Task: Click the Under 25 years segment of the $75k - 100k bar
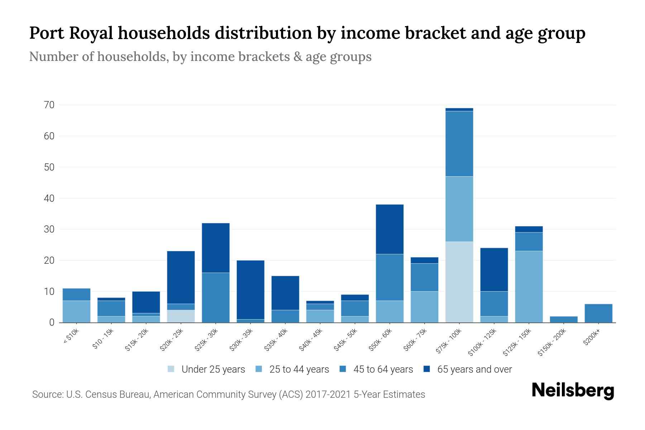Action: click(x=459, y=282)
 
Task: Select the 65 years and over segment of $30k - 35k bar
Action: click(x=250, y=290)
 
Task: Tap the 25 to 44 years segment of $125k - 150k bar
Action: click(x=529, y=287)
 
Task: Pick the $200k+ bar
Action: click(x=598, y=313)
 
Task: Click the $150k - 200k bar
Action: click(x=563, y=319)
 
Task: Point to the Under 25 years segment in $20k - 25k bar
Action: click(x=181, y=316)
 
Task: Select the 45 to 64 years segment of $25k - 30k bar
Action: click(x=216, y=297)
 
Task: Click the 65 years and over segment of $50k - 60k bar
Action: click(x=390, y=229)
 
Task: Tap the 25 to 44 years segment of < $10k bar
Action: click(x=76, y=311)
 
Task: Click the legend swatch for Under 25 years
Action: click(x=171, y=369)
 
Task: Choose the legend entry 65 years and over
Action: click(x=474, y=369)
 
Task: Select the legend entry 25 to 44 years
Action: click(x=299, y=369)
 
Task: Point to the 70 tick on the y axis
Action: click(x=49, y=105)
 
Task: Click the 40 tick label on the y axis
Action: click(x=49, y=198)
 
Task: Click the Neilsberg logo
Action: click(x=573, y=391)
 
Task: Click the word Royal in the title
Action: click(x=91, y=33)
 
